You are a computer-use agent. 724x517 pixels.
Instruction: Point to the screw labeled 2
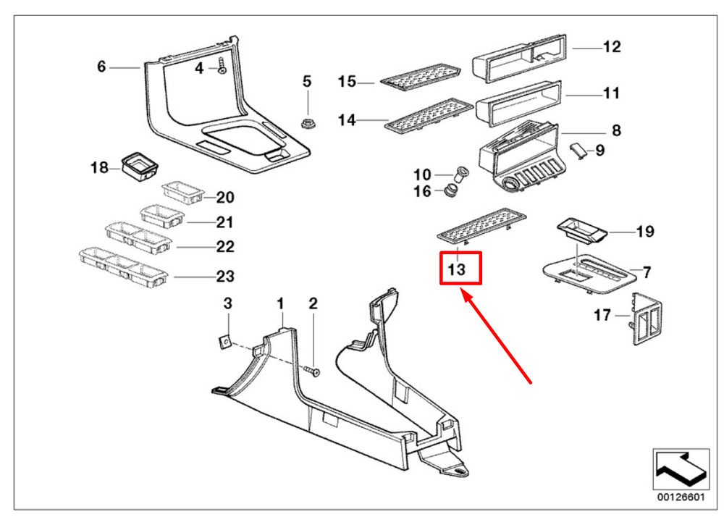coord(313,371)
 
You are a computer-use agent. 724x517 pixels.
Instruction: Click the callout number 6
coord(102,67)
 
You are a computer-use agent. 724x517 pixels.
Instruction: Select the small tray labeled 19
coord(582,232)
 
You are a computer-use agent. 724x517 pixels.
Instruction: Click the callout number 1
coord(281,303)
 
